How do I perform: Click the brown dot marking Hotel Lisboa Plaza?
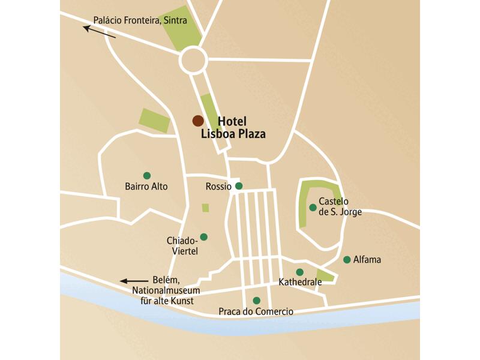point(197,121)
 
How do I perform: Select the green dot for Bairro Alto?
point(147,175)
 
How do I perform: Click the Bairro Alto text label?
point(146,187)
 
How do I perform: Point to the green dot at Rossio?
point(239,186)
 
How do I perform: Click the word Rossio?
point(218,186)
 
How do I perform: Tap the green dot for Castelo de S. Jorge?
point(313,208)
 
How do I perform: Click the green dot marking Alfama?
point(347,260)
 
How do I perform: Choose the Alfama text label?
point(367,260)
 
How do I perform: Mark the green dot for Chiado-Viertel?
point(203,237)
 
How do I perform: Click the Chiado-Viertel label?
point(182,245)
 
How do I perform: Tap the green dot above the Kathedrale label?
point(299,272)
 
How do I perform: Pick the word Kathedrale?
point(300,281)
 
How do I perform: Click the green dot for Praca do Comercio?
point(257,301)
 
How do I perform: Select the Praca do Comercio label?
point(256,312)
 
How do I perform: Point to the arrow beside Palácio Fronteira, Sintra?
point(99,31)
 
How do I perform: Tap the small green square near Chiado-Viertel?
point(206,208)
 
